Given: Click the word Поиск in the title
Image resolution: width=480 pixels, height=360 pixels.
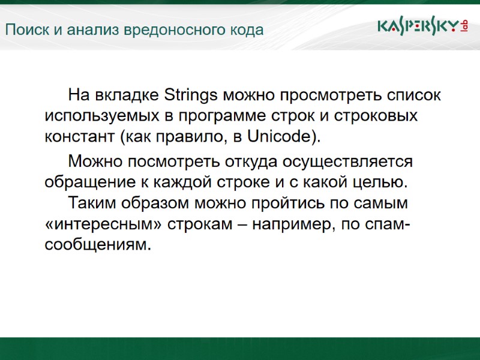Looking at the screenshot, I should point(24,30).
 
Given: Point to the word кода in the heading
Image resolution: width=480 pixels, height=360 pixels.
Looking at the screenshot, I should point(247,30).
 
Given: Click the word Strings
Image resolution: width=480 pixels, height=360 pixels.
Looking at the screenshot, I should point(191,95).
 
